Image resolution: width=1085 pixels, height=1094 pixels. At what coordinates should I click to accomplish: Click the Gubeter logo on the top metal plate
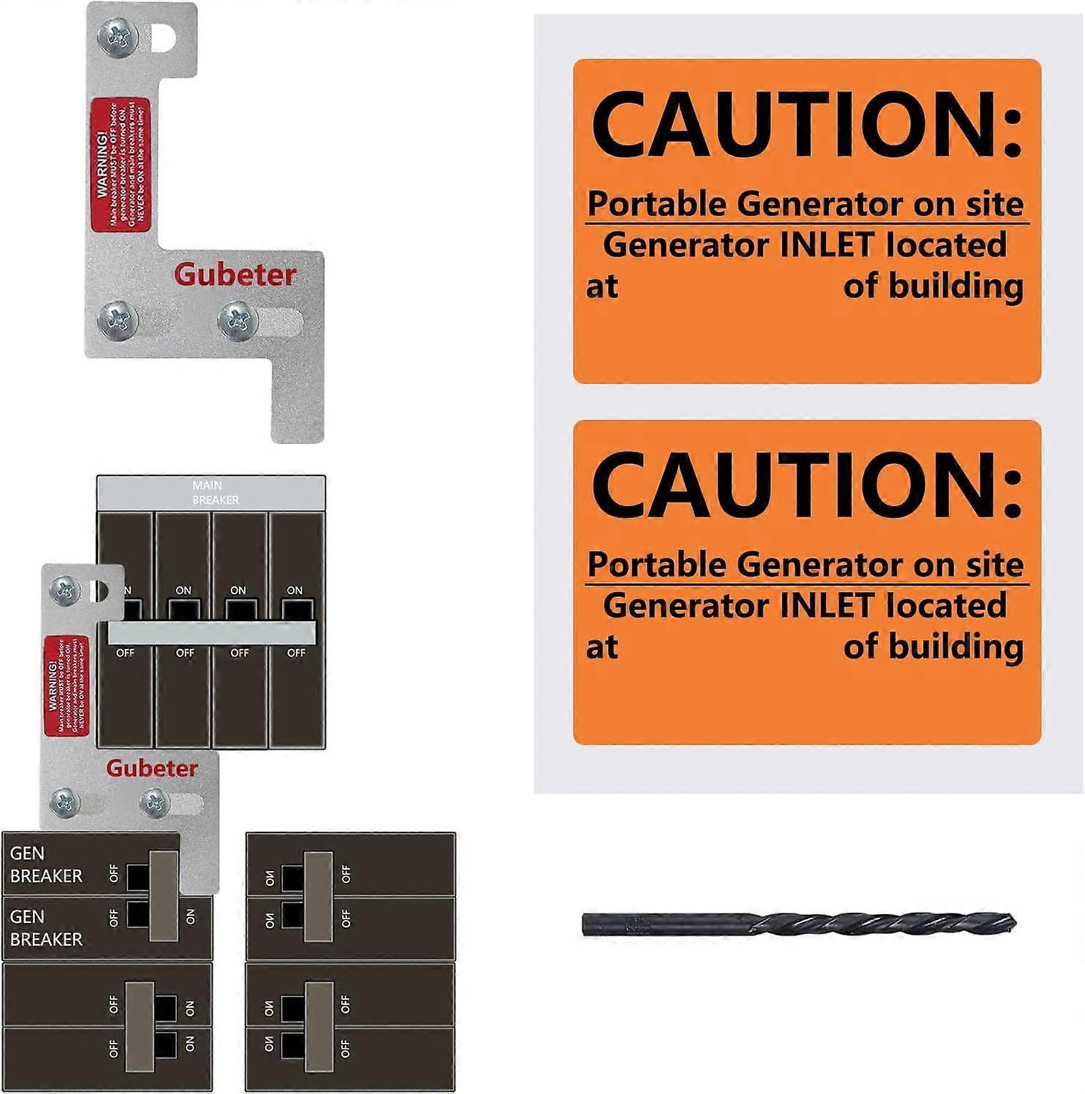pyautogui.click(x=235, y=275)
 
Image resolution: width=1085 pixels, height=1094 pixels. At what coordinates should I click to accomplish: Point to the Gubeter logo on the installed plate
pyautogui.click(x=152, y=768)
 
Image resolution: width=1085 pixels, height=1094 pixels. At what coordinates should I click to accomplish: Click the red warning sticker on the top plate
pyautogui.click(x=120, y=162)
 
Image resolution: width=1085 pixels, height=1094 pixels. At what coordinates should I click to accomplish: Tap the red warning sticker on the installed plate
pyautogui.click(x=66, y=685)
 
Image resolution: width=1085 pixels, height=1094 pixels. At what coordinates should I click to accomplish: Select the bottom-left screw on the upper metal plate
pyautogui.click(x=117, y=319)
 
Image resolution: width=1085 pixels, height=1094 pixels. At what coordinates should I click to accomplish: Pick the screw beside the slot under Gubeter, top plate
pyautogui.click(x=237, y=320)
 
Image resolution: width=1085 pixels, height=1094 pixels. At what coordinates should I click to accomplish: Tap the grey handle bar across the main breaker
pyautogui.click(x=212, y=632)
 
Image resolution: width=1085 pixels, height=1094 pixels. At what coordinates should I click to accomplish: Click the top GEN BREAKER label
pyautogui.click(x=46, y=865)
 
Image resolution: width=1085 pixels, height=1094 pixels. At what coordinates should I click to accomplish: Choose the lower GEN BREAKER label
pyautogui.click(x=46, y=928)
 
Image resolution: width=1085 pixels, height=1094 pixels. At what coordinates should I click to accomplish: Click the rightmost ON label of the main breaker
pyautogui.click(x=294, y=590)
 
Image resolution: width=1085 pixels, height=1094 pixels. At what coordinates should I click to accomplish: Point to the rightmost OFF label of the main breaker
pyautogui.click(x=296, y=653)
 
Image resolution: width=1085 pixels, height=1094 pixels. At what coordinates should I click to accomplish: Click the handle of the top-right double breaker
pyautogui.click(x=318, y=895)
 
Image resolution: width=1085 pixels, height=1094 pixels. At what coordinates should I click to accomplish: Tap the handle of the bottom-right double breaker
pyautogui.click(x=319, y=1026)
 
